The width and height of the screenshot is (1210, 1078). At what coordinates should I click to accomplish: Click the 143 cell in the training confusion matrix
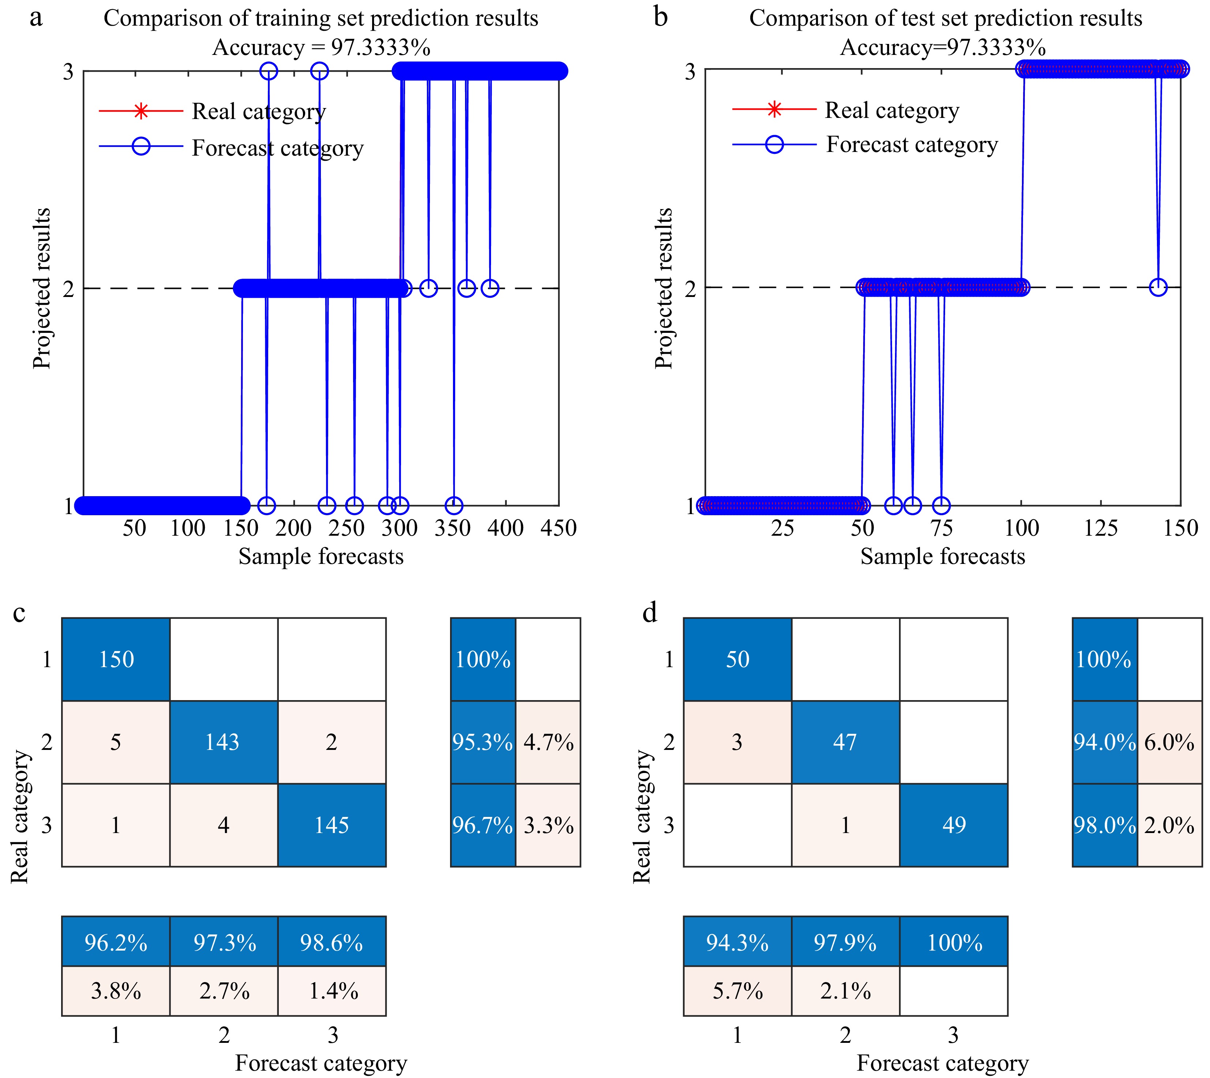(223, 742)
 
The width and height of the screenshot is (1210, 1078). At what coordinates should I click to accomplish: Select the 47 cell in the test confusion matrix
(845, 742)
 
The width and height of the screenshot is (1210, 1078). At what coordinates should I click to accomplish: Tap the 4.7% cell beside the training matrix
(548, 742)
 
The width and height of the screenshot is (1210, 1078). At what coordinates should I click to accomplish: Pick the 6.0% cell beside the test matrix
(1169, 742)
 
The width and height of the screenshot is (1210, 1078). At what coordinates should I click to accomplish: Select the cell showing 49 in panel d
(954, 825)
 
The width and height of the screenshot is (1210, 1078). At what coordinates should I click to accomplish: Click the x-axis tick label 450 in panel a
(559, 528)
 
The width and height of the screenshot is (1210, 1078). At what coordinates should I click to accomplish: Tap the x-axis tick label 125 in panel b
(1101, 528)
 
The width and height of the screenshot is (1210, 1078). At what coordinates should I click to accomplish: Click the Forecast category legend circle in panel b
(774, 145)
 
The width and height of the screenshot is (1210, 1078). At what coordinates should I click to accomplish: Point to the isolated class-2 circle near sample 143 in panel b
(1158, 287)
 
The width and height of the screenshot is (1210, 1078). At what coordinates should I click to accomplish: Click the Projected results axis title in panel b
(664, 289)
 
